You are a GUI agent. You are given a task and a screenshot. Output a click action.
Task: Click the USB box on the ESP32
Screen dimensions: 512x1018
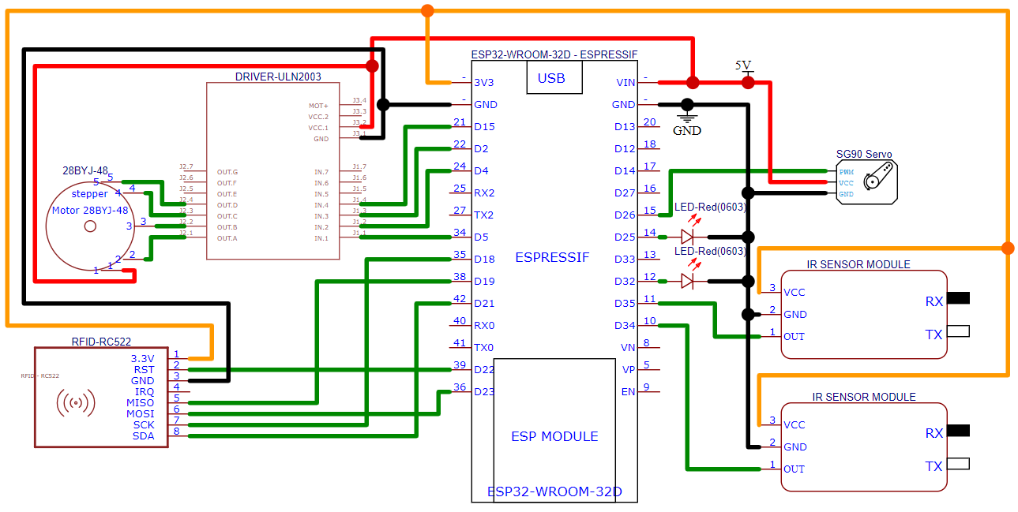[x=551, y=78]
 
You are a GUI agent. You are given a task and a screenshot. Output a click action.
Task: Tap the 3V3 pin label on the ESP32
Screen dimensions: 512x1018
[x=483, y=82]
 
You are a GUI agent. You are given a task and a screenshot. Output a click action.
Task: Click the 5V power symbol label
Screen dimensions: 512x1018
[x=743, y=65]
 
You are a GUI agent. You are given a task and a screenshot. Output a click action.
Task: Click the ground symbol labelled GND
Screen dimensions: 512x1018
[x=686, y=130]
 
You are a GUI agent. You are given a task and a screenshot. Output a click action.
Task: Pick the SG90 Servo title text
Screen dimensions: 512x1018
[x=864, y=154]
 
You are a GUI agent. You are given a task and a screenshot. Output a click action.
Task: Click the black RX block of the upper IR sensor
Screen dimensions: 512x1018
[x=958, y=298]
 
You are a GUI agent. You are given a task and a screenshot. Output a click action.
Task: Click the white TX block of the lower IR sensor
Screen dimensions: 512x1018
[x=958, y=464]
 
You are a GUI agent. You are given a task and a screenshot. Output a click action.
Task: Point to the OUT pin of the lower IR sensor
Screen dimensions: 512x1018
[x=794, y=469]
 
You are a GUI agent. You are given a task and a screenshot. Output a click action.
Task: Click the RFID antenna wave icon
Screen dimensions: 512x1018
[x=76, y=403]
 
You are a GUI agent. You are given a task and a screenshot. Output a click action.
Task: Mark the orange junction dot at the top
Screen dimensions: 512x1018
[x=427, y=10]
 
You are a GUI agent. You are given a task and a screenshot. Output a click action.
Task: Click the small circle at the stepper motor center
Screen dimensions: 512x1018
[x=90, y=226]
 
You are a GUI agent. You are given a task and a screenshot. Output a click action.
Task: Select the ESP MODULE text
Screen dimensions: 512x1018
[x=554, y=436]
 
